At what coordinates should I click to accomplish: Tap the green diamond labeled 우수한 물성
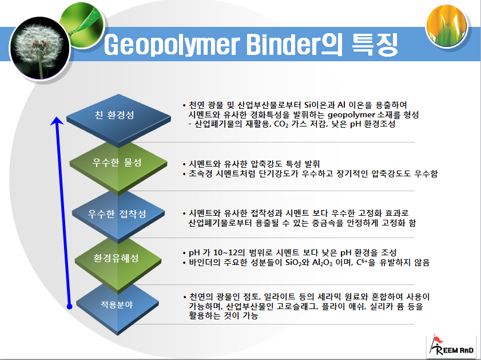[x=117, y=163]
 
